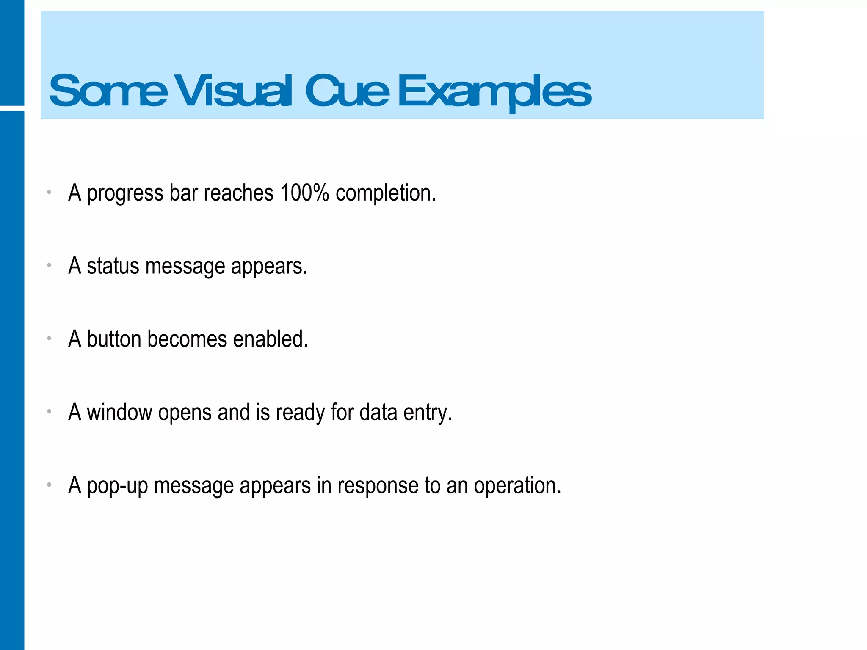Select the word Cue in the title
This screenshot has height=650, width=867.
point(347,91)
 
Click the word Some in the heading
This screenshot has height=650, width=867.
point(108,91)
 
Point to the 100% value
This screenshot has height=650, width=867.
point(304,193)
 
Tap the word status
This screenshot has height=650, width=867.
point(113,266)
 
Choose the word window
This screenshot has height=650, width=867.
point(119,412)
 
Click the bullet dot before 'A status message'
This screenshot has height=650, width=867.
point(49,265)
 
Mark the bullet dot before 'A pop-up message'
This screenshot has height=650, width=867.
point(49,485)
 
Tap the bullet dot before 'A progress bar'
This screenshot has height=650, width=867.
point(49,192)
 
